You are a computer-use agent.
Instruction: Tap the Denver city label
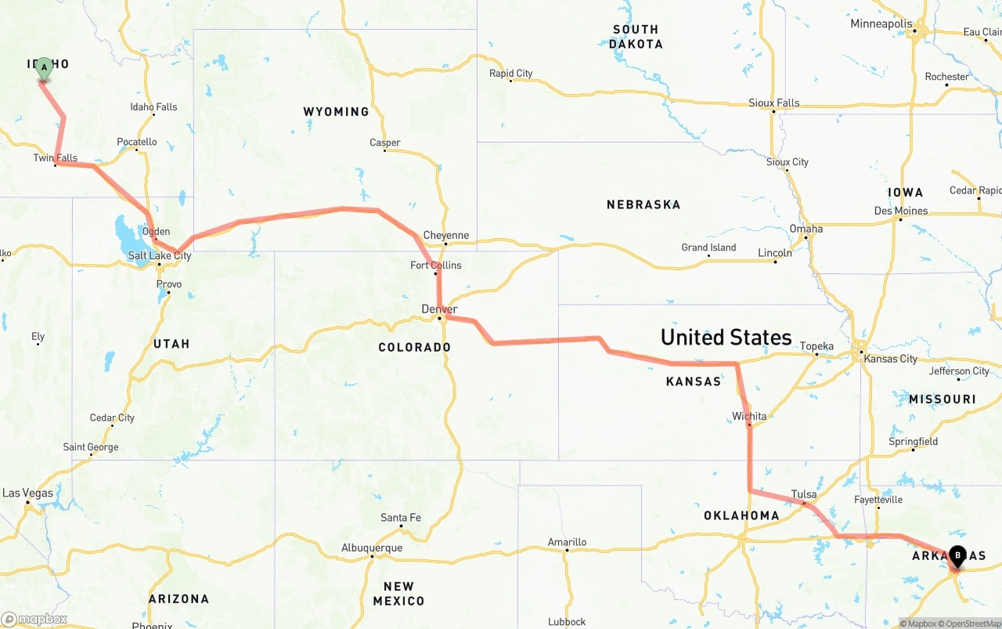pyautogui.click(x=439, y=309)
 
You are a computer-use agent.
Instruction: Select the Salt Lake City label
pyautogui.click(x=160, y=256)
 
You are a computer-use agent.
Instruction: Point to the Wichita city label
pyautogui.click(x=749, y=416)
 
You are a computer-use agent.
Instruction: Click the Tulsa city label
pyautogui.click(x=804, y=494)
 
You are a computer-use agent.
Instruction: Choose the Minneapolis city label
pyautogui.click(x=881, y=24)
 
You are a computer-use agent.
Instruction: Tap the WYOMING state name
pyautogui.click(x=336, y=112)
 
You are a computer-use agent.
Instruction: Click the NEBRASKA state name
pyautogui.click(x=643, y=204)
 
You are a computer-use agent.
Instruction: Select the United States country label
pyautogui.click(x=726, y=338)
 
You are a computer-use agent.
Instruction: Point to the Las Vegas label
pyautogui.click(x=27, y=493)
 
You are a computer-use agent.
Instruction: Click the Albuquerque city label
pyautogui.click(x=372, y=548)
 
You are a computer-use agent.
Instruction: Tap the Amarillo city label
pyautogui.click(x=567, y=542)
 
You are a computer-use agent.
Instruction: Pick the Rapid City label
pyautogui.click(x=510, y=74)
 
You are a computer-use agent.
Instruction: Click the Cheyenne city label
pyautogui.click(x=446, y=235)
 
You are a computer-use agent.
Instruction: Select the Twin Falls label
pyautogui.click(x=56, y=158)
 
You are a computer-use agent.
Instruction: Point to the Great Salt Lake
pyautogui.click(x=128, y=231)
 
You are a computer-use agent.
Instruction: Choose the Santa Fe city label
pyautogui.click(x=401, y=518)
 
